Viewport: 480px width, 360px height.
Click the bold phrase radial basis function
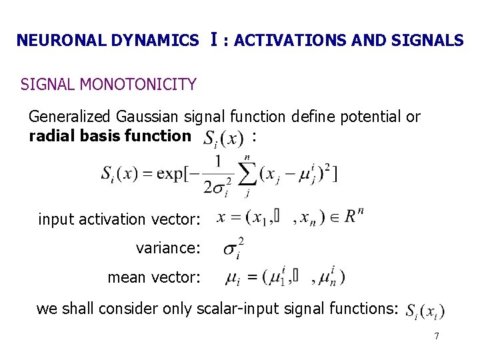coord(109,136)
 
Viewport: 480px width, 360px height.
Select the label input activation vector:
coord(119,219)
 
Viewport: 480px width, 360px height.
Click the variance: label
coord(167,249)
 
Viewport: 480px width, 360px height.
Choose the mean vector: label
coord(153,277)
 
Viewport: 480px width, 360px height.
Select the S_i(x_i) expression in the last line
coord(425,311)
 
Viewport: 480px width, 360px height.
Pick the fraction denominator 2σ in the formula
coord(217,186)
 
